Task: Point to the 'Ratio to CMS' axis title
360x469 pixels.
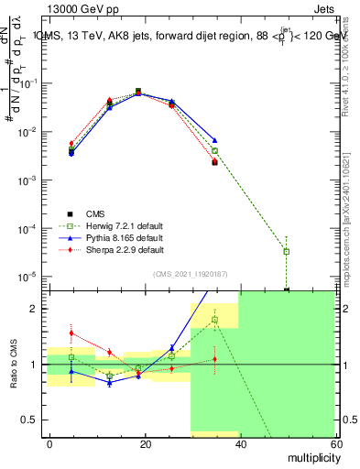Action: coord(12,364)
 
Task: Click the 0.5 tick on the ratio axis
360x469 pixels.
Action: coord(34,420)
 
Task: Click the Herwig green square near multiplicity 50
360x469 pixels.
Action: coord(287,251)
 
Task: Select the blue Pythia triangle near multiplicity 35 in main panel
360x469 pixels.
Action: coord(214,140)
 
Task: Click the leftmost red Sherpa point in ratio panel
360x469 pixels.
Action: coord(71,333)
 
